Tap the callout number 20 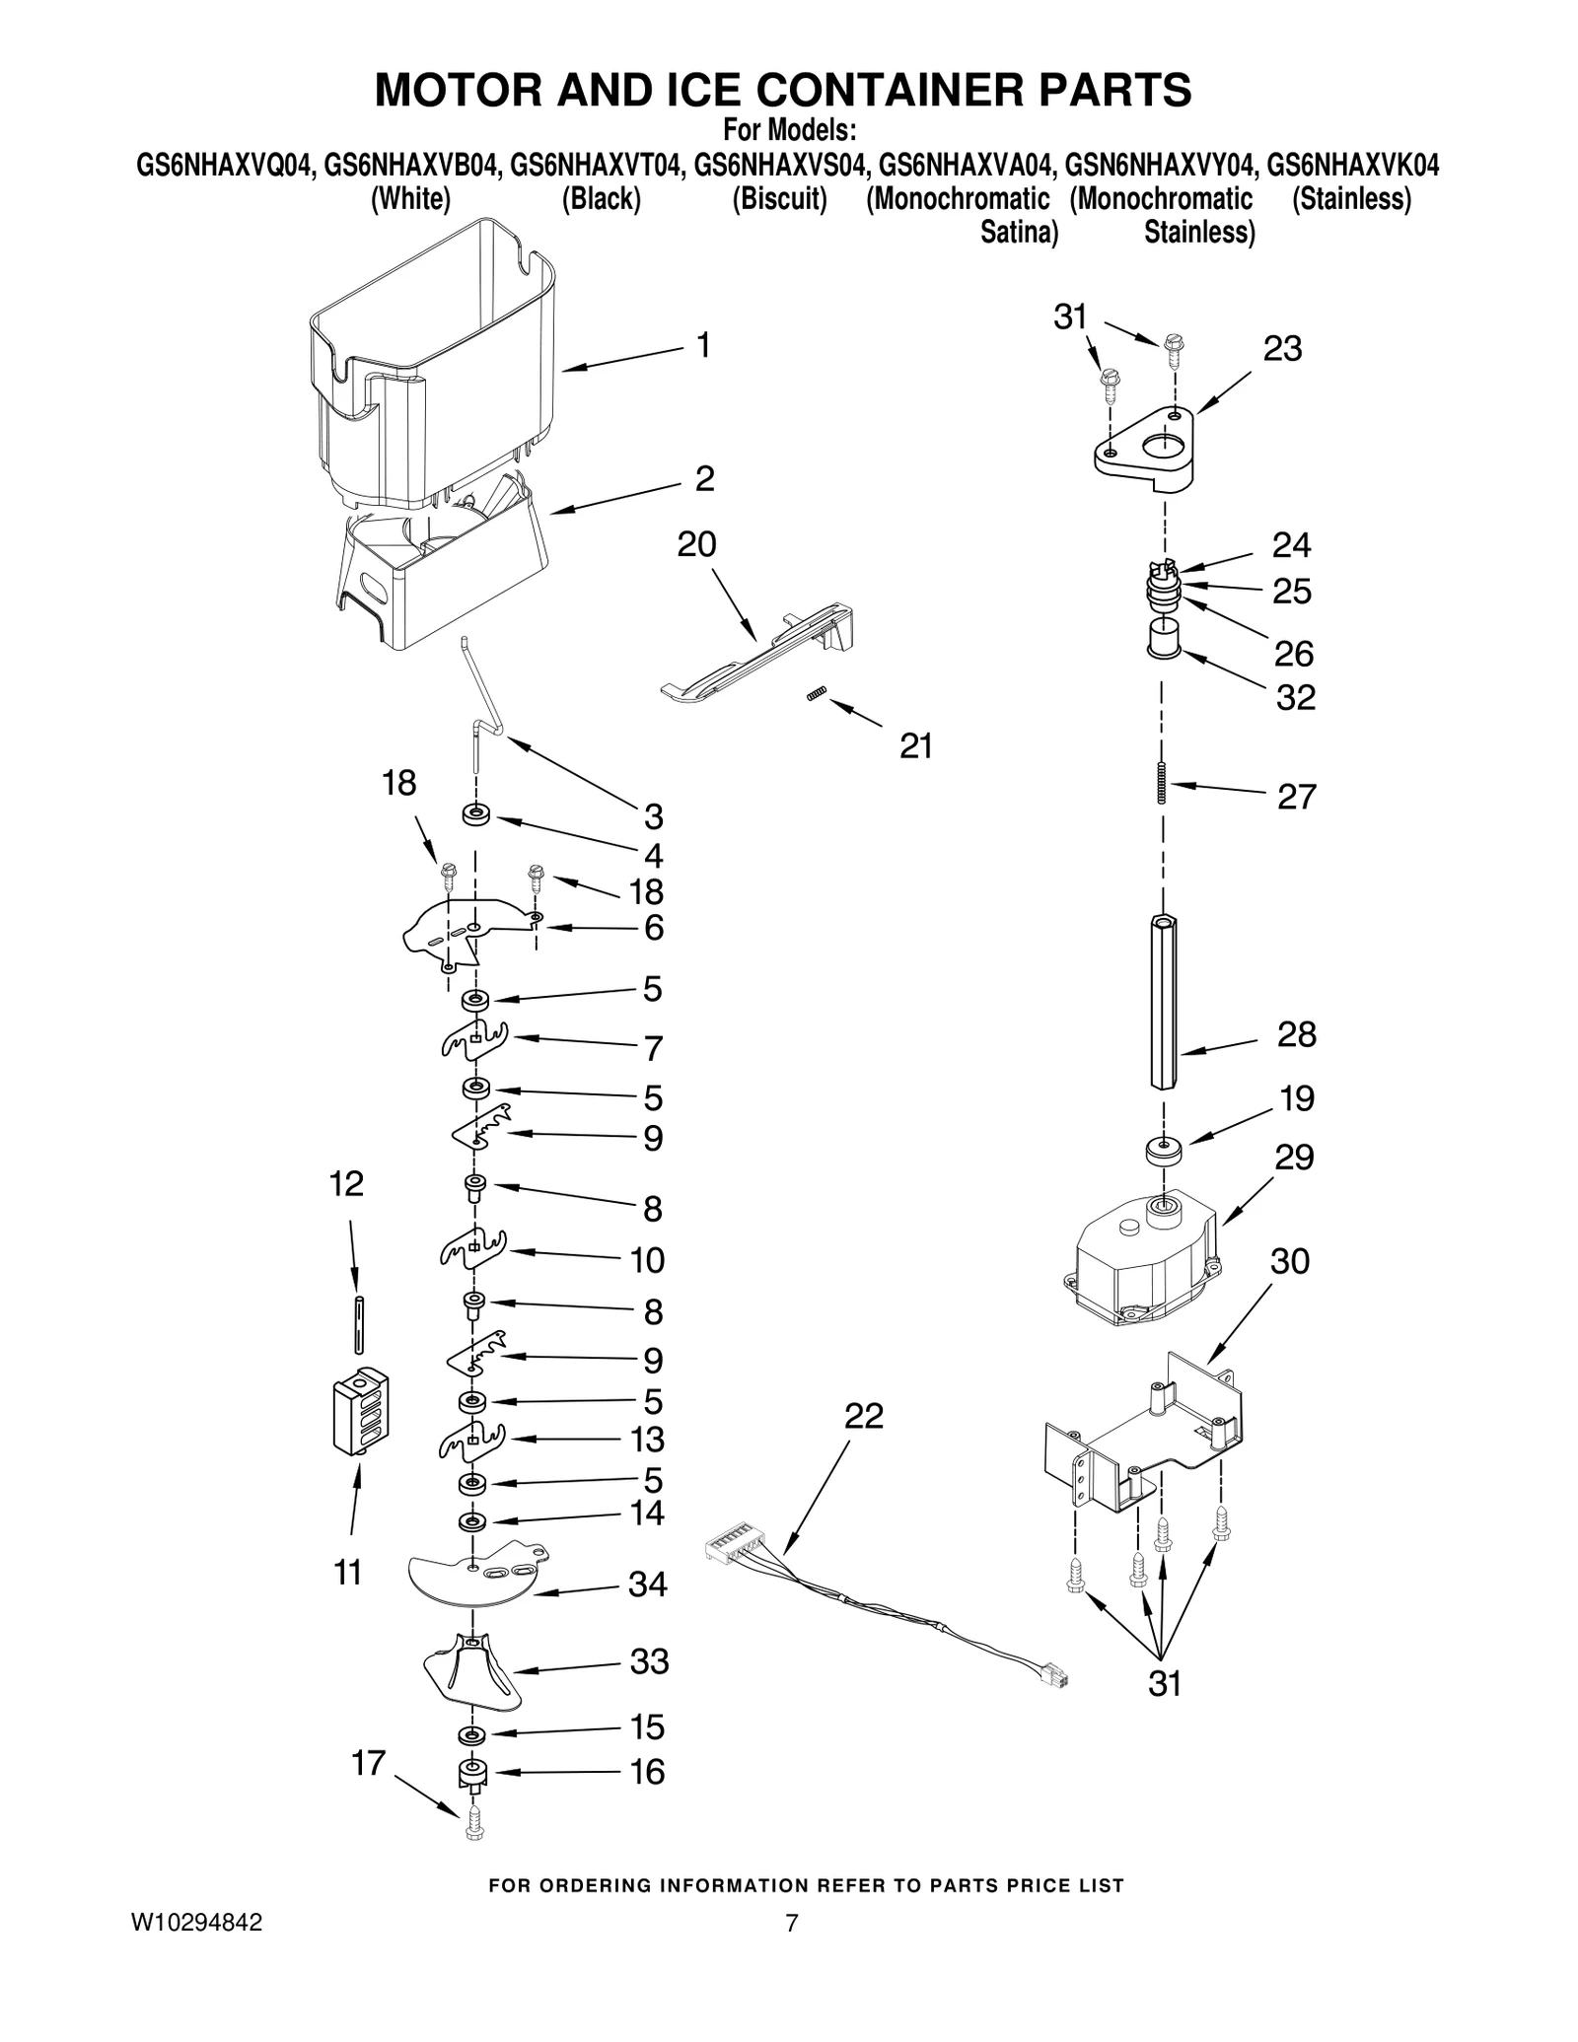pos(696,545)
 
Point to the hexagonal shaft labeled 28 pos(1164,1001)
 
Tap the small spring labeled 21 pos(816,694)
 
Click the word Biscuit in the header pos(779,199)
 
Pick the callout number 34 pos(648,1584)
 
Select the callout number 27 pos(1296,796)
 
